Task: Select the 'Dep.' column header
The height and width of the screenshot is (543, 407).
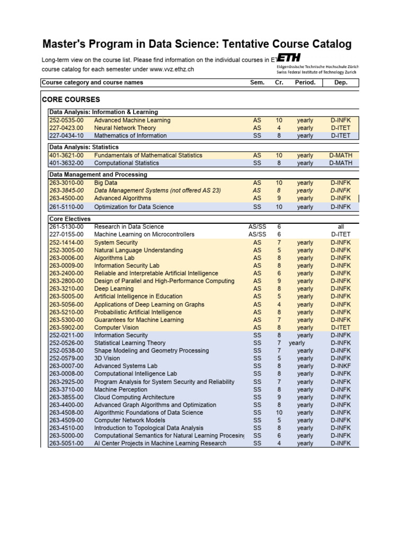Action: (341, 83)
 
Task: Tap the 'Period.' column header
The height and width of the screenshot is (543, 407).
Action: (305, 83)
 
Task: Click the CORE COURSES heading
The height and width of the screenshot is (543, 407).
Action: (70, 100)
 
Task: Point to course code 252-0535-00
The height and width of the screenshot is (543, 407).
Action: (66, 120)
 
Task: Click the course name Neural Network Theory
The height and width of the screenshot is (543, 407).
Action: (125, 128)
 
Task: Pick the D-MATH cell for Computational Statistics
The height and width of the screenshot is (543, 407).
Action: (341, 163)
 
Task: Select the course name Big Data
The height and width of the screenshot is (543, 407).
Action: (106, 183)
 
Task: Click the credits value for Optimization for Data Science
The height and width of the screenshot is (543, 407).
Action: (279, 207)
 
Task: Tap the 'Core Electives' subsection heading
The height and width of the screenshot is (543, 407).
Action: (69, 219)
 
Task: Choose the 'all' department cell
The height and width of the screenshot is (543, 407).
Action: (341, 226)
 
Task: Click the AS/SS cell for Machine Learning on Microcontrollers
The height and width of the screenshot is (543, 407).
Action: (257, 234)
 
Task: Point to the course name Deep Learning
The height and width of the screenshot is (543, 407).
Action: (113, 289)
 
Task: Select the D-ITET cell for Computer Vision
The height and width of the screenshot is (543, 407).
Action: (341, 328)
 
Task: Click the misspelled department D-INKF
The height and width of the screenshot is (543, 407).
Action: (341, 366)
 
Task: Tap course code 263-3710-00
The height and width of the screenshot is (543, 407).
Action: (66, 389)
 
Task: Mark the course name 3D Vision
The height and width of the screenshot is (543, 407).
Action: (108, 358)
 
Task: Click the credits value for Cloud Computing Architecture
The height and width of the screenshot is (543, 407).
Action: (279, 397)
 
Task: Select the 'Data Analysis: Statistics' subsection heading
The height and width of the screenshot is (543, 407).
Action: (84, 147)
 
